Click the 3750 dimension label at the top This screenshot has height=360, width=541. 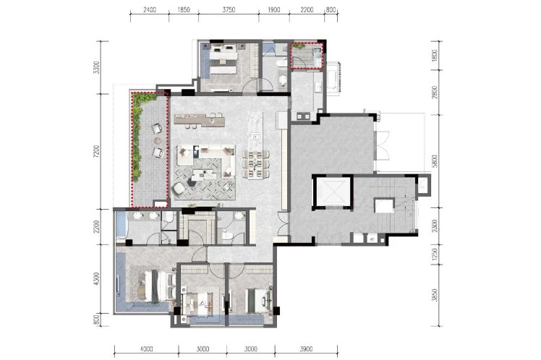point(229,9)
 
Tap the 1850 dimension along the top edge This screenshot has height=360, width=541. point(184,9)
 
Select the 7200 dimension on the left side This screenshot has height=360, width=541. point(96,152)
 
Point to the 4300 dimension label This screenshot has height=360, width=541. point(96,279)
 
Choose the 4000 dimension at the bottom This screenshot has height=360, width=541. point(146,349)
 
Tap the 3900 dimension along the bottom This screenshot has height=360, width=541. point(306,349)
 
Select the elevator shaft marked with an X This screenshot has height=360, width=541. point(332,192)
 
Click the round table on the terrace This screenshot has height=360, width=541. point(158,141)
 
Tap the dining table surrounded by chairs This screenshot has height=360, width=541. point(256,164)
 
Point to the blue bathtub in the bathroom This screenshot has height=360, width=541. point(122,225)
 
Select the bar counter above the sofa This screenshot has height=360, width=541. point(199,120)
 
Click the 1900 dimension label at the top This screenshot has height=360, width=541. point(274,9)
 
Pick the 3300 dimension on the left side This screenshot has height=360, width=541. point(96,67)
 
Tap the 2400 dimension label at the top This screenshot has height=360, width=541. point(150,9)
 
